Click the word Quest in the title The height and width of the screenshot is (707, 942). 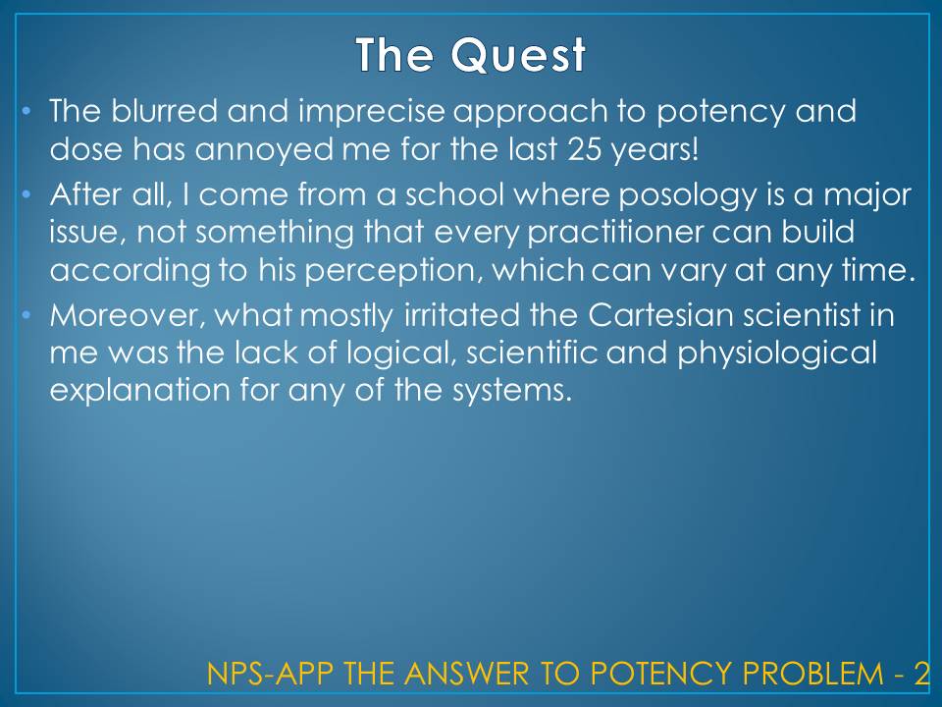point(518,55)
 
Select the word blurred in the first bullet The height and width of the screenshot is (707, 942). point(164,111)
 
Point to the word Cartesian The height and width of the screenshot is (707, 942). point(660,315)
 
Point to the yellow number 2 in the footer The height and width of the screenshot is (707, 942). point(921,674)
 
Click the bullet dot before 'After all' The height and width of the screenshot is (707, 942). point(26,194)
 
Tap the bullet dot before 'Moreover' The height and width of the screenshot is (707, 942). point(26,315)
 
